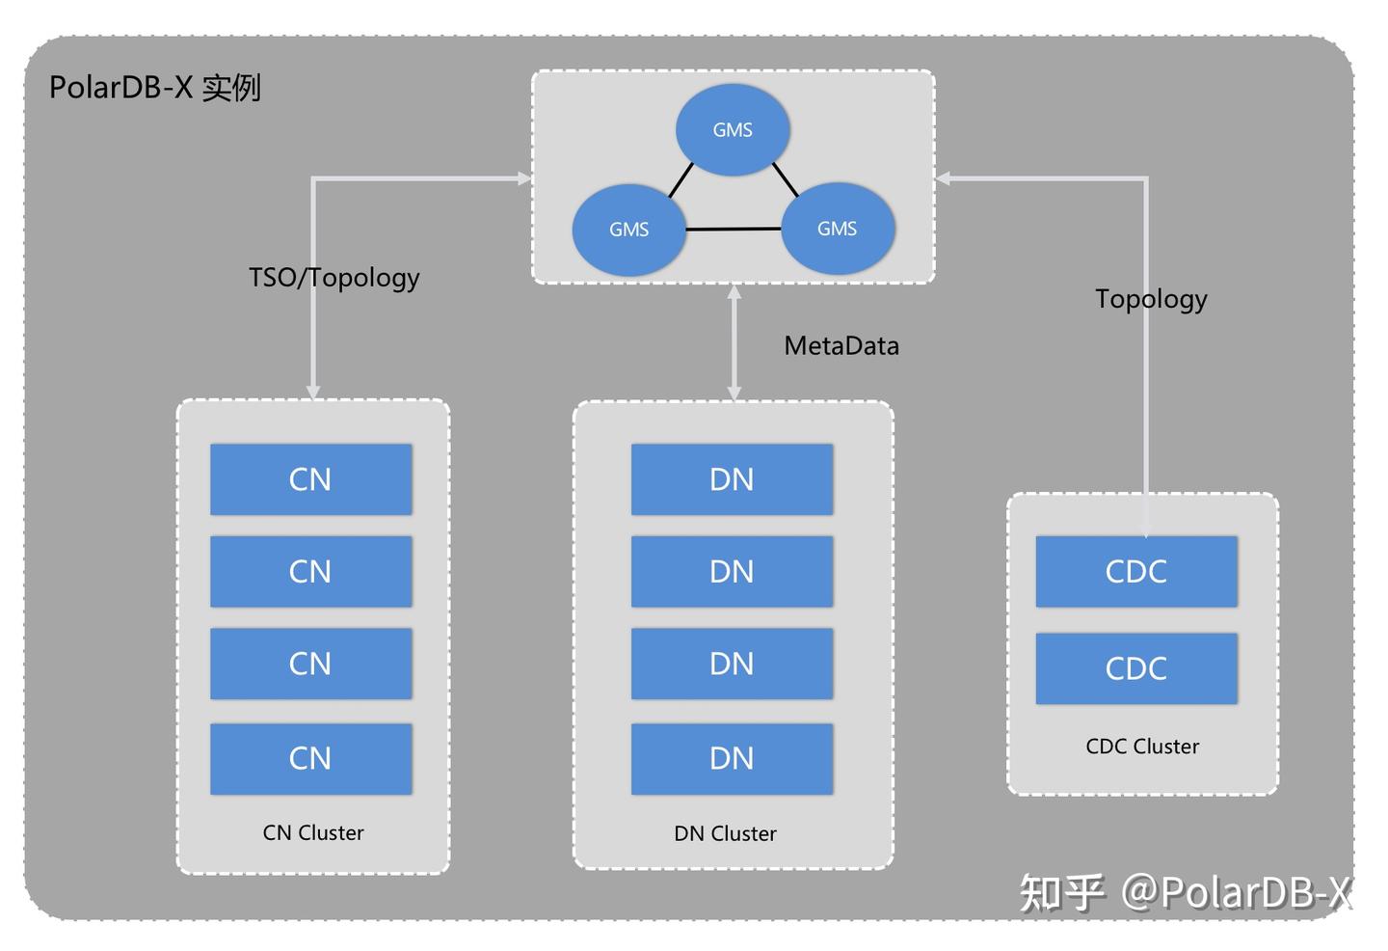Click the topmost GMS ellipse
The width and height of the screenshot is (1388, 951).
[733, 129]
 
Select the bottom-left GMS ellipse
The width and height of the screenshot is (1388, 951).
[628, 230]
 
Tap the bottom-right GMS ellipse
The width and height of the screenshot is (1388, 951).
[837, 229]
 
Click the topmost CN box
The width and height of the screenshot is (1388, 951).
[310, 479]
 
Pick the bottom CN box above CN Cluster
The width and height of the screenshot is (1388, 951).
[310, 758]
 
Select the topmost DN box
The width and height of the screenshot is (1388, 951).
[732, 479]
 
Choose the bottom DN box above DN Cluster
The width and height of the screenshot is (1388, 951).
[732, 758]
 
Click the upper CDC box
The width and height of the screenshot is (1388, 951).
[1135, 571]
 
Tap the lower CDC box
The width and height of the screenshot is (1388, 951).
[1135, 667]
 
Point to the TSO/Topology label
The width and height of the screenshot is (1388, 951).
[334, 278]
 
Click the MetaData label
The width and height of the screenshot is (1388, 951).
[841, 345]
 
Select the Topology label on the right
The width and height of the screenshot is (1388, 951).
[1151, 299]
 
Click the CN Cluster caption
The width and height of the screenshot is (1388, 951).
[313, 832]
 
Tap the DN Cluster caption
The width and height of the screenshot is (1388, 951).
[725, 833]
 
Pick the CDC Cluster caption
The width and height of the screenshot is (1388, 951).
[1142, 747]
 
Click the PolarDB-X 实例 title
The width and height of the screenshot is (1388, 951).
[155, 88]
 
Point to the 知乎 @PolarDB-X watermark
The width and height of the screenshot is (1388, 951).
[1186, 891]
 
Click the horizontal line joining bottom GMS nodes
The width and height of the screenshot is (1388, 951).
[733, 230]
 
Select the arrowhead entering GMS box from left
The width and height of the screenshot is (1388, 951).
[524, 178]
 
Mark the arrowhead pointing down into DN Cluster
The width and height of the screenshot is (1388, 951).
[734, 393]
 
